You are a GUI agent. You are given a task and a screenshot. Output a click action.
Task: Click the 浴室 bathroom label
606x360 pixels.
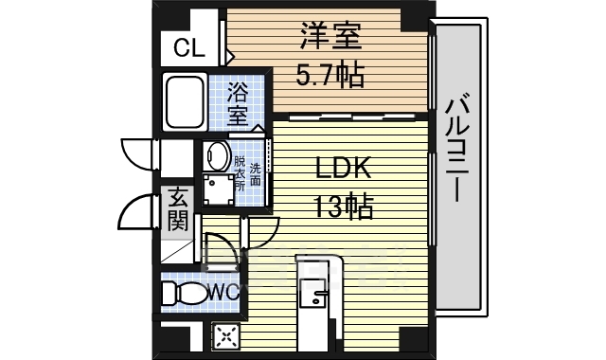pyautogui.click(x=238, y=106)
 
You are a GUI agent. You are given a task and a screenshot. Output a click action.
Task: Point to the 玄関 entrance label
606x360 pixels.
pyautogui.click(x=177, y=210)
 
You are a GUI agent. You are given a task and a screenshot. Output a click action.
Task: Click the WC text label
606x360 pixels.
pyautogui.click(x=223, y=292)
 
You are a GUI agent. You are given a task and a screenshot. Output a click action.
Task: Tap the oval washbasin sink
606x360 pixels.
pyautogui.click(x=217, y=156)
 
